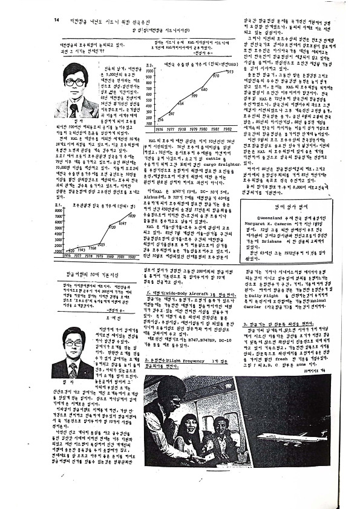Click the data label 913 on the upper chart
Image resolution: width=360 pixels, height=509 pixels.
229,72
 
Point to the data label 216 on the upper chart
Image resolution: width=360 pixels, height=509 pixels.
160,120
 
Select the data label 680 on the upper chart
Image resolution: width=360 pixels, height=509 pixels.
204,90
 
